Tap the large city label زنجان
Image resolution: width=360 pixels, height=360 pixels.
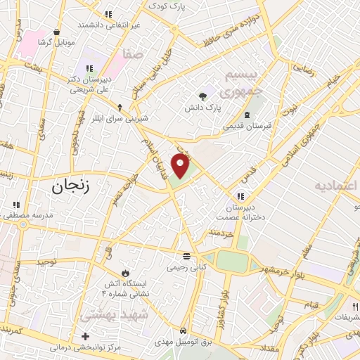point(75,186)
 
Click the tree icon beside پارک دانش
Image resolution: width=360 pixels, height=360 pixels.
point(203,96)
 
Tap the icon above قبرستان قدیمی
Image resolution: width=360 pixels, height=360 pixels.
point(246,115)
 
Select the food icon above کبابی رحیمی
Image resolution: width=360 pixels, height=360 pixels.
point(186,256)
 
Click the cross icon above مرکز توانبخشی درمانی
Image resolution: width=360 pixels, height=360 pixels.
point(86,336)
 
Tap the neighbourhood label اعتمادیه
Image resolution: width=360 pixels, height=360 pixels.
point(336,186)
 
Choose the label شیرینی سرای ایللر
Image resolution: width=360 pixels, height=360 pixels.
point(120,120)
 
